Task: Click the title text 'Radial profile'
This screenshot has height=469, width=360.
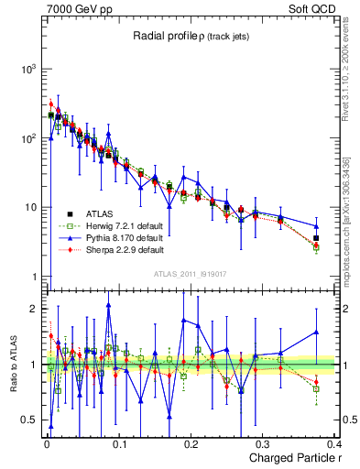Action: (162, 35)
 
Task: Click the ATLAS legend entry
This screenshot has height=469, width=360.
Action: (98, 213)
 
